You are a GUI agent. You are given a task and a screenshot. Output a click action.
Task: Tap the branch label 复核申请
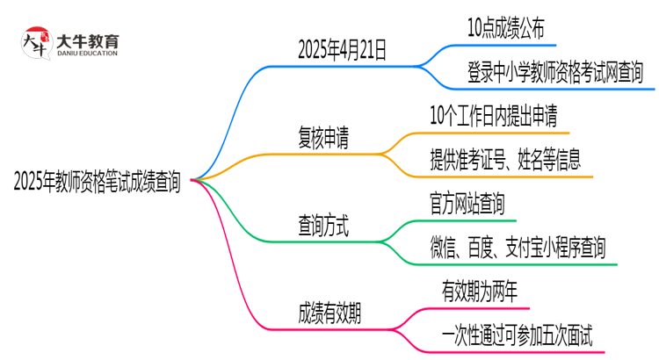(322, 139)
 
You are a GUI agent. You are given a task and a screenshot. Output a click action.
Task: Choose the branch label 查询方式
(322, 227)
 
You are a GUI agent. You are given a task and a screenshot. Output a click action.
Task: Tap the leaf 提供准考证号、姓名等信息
(504, 160)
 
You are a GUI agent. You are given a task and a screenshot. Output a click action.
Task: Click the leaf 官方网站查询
(467, 205)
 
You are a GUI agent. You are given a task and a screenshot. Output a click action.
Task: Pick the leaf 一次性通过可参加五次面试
(518, 335)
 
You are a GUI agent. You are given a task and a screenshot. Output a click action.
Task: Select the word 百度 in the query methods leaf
(479, 248)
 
